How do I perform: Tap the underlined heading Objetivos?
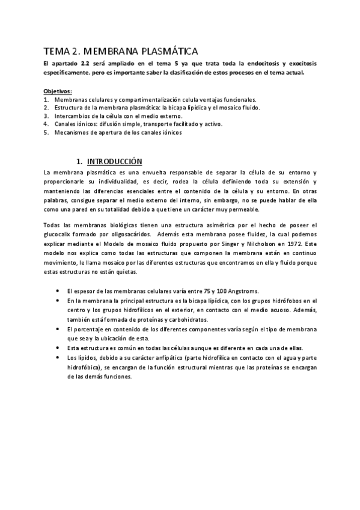(58, 91)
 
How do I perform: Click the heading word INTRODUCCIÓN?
(114, 161)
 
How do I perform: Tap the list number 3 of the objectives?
(46, 115)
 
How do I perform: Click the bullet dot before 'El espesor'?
(56, 290)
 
